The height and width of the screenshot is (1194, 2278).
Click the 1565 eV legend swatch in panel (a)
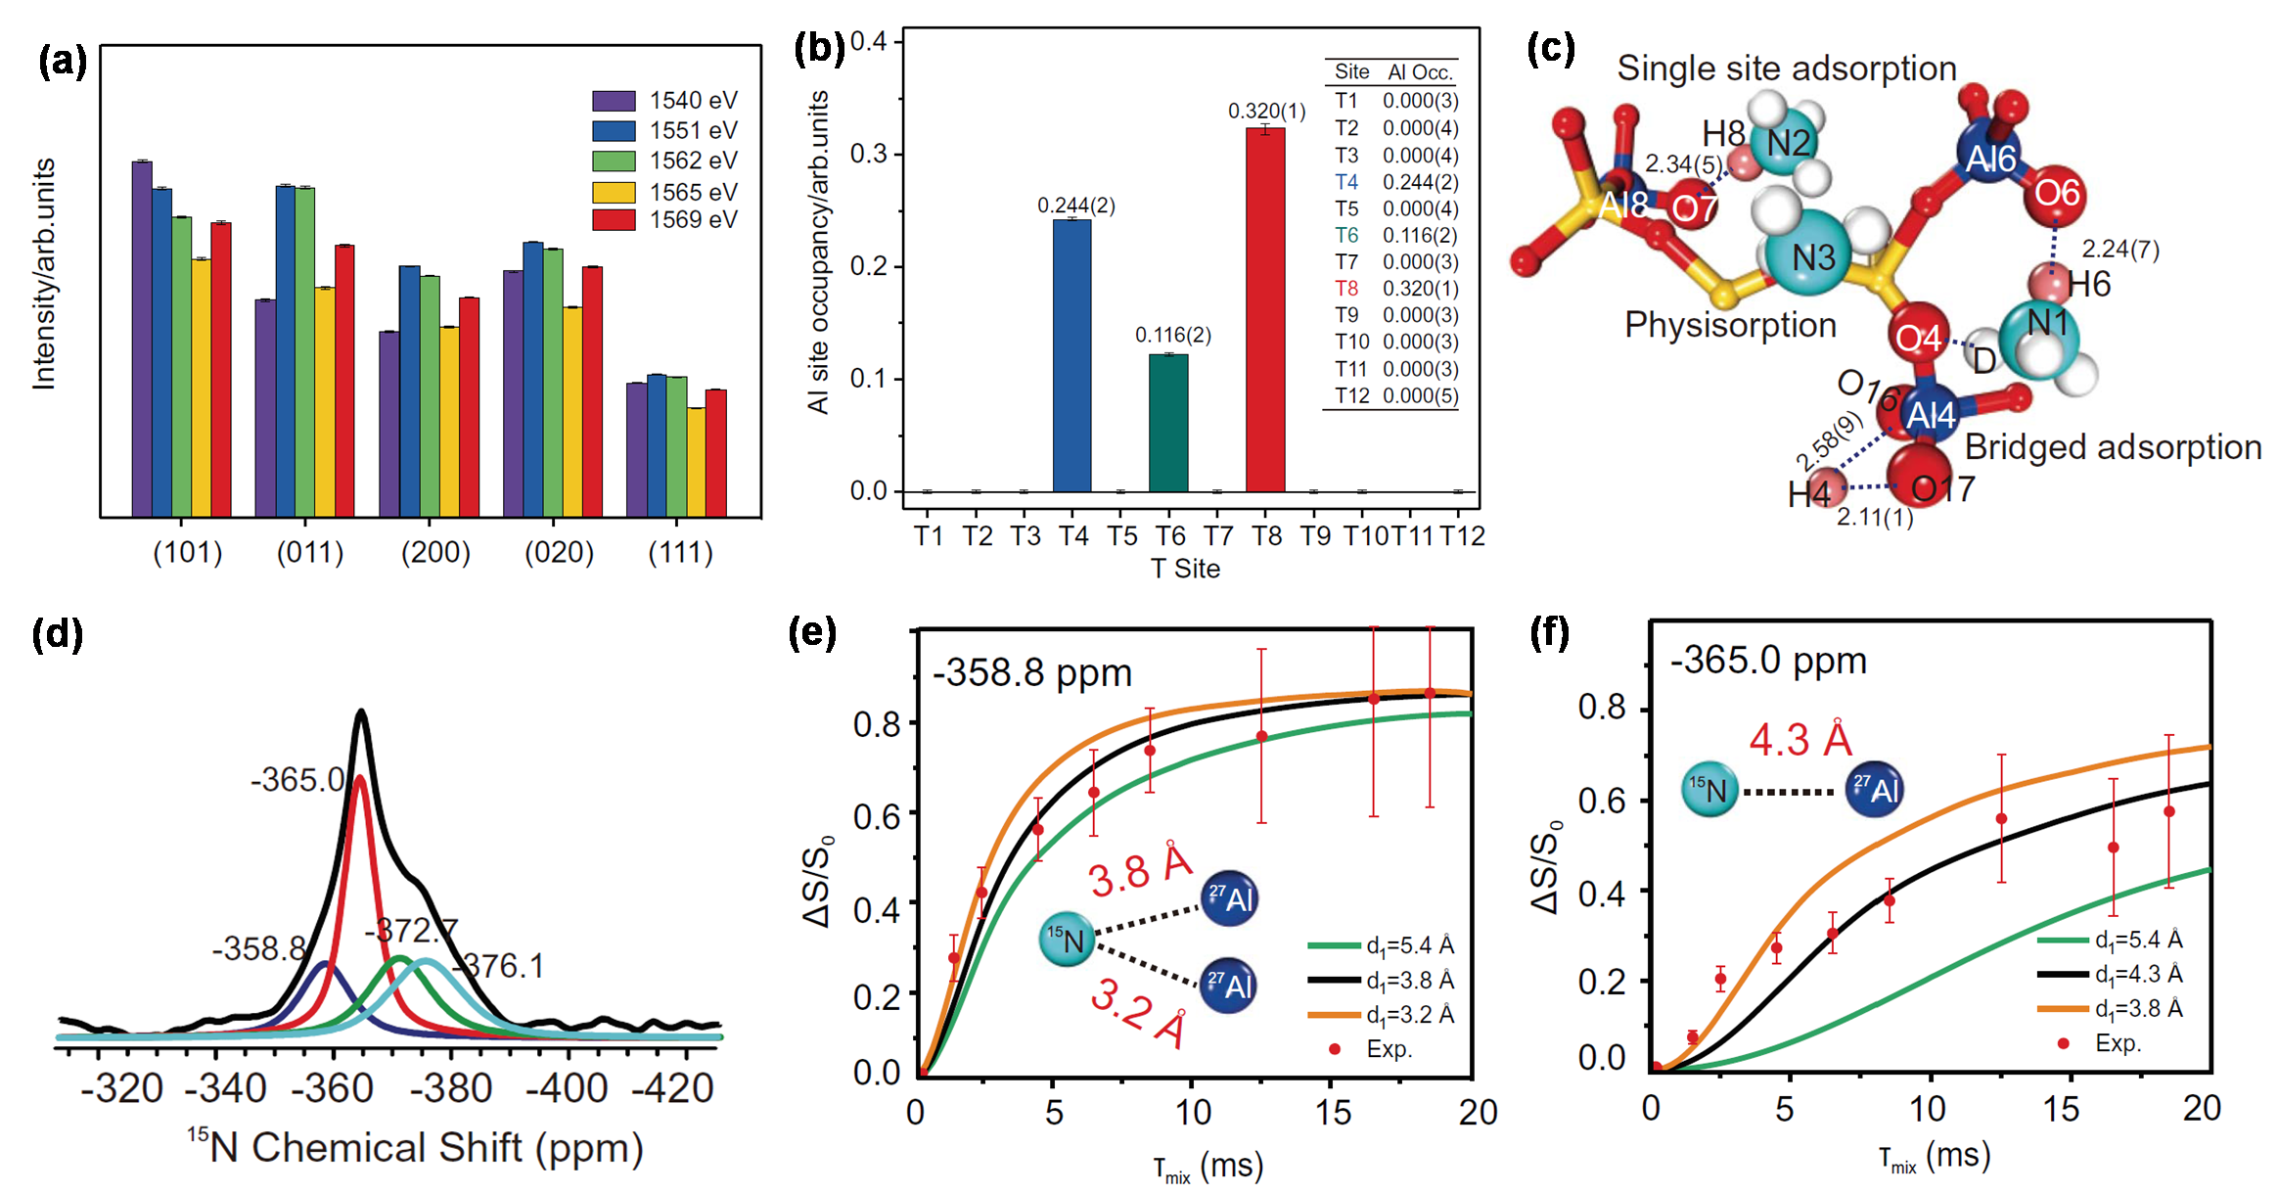point(614,192)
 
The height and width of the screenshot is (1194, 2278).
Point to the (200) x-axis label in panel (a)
point(435,553)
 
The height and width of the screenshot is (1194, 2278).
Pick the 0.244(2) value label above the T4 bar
point(1075,206)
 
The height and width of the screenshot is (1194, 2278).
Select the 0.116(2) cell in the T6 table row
point(1420,235)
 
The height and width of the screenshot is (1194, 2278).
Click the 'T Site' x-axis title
point(1185,569)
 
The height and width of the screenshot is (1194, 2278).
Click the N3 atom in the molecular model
point(1811,257)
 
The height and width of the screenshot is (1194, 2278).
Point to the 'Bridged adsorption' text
point(2113,447)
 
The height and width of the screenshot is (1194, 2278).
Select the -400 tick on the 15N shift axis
point(568,1088)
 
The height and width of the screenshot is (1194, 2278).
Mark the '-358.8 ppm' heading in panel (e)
point(1031,673)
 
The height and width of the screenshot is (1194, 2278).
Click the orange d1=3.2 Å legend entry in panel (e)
point(1380,1015)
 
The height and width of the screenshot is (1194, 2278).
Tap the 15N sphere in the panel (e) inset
point(1066,940)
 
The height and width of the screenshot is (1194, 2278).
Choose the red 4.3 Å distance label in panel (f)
point(1800,740)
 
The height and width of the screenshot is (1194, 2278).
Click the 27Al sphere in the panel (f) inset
point(1873,790)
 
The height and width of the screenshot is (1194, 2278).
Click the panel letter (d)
point(57,634)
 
